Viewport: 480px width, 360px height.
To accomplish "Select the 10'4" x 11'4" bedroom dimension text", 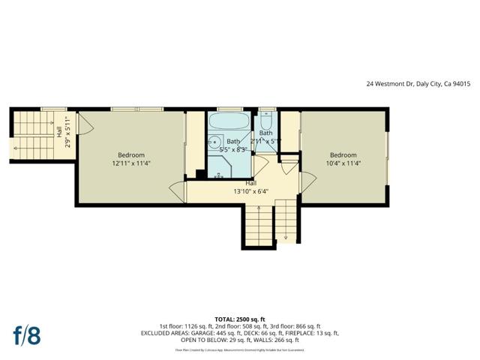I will click(x=343, y=163).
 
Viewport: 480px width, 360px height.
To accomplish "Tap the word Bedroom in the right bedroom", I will click(x=343, y=155).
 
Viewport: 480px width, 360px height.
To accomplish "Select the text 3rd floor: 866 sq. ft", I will click(x=294, y=327).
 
